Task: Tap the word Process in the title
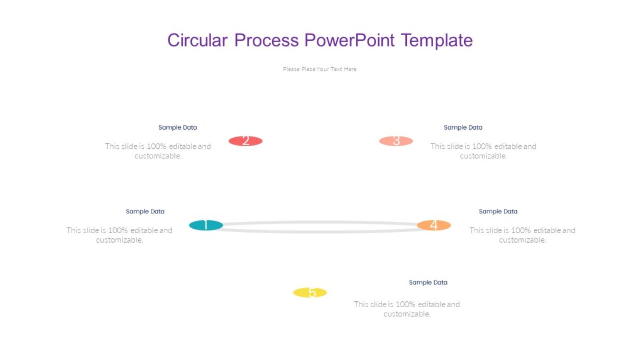(x=266, y=41)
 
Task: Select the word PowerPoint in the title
(x=349, y=41)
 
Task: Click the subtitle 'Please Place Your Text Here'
(x=319, y=69)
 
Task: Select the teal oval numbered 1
(x=206, y=225)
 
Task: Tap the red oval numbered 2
(x=245, y=141)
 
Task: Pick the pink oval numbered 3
(x=396, y=141)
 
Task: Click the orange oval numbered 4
(x=434, y=225)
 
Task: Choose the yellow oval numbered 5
(x=310, y=293)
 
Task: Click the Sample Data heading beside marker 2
(x=178, y=127)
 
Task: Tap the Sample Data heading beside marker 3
(x=463, y=127)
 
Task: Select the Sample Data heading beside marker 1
(x=145, y=212)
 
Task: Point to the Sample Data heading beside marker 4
(x=498, y=212)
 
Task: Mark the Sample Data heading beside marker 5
(x=428, y=283)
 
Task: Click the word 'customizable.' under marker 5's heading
(x=407, y=314)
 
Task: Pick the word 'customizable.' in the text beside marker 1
(x=119, y=240)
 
